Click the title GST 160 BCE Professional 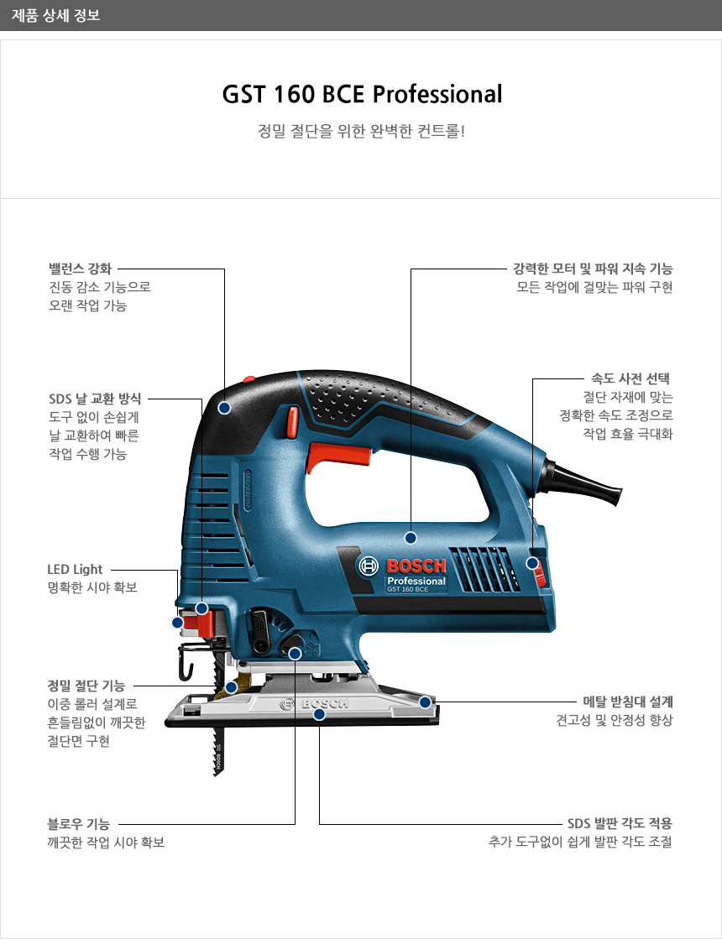coord(362,94)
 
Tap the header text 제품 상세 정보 coord(55,15)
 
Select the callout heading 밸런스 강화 coord(81,269)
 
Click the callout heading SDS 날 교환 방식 coord(95,399)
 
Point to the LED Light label coord(75,569)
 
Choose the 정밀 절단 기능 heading coord(86,685)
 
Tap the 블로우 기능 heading coord(78,824)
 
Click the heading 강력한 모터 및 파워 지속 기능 coord(593,269)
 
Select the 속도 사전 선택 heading coord(630,378)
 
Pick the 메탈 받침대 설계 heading coord(628,702)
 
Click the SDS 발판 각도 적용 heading coord(620,823)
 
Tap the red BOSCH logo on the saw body coord(416,566)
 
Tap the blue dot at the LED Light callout coord(177,623)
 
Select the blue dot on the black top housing coord(224,408)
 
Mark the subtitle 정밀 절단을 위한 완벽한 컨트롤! coord(361,131)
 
